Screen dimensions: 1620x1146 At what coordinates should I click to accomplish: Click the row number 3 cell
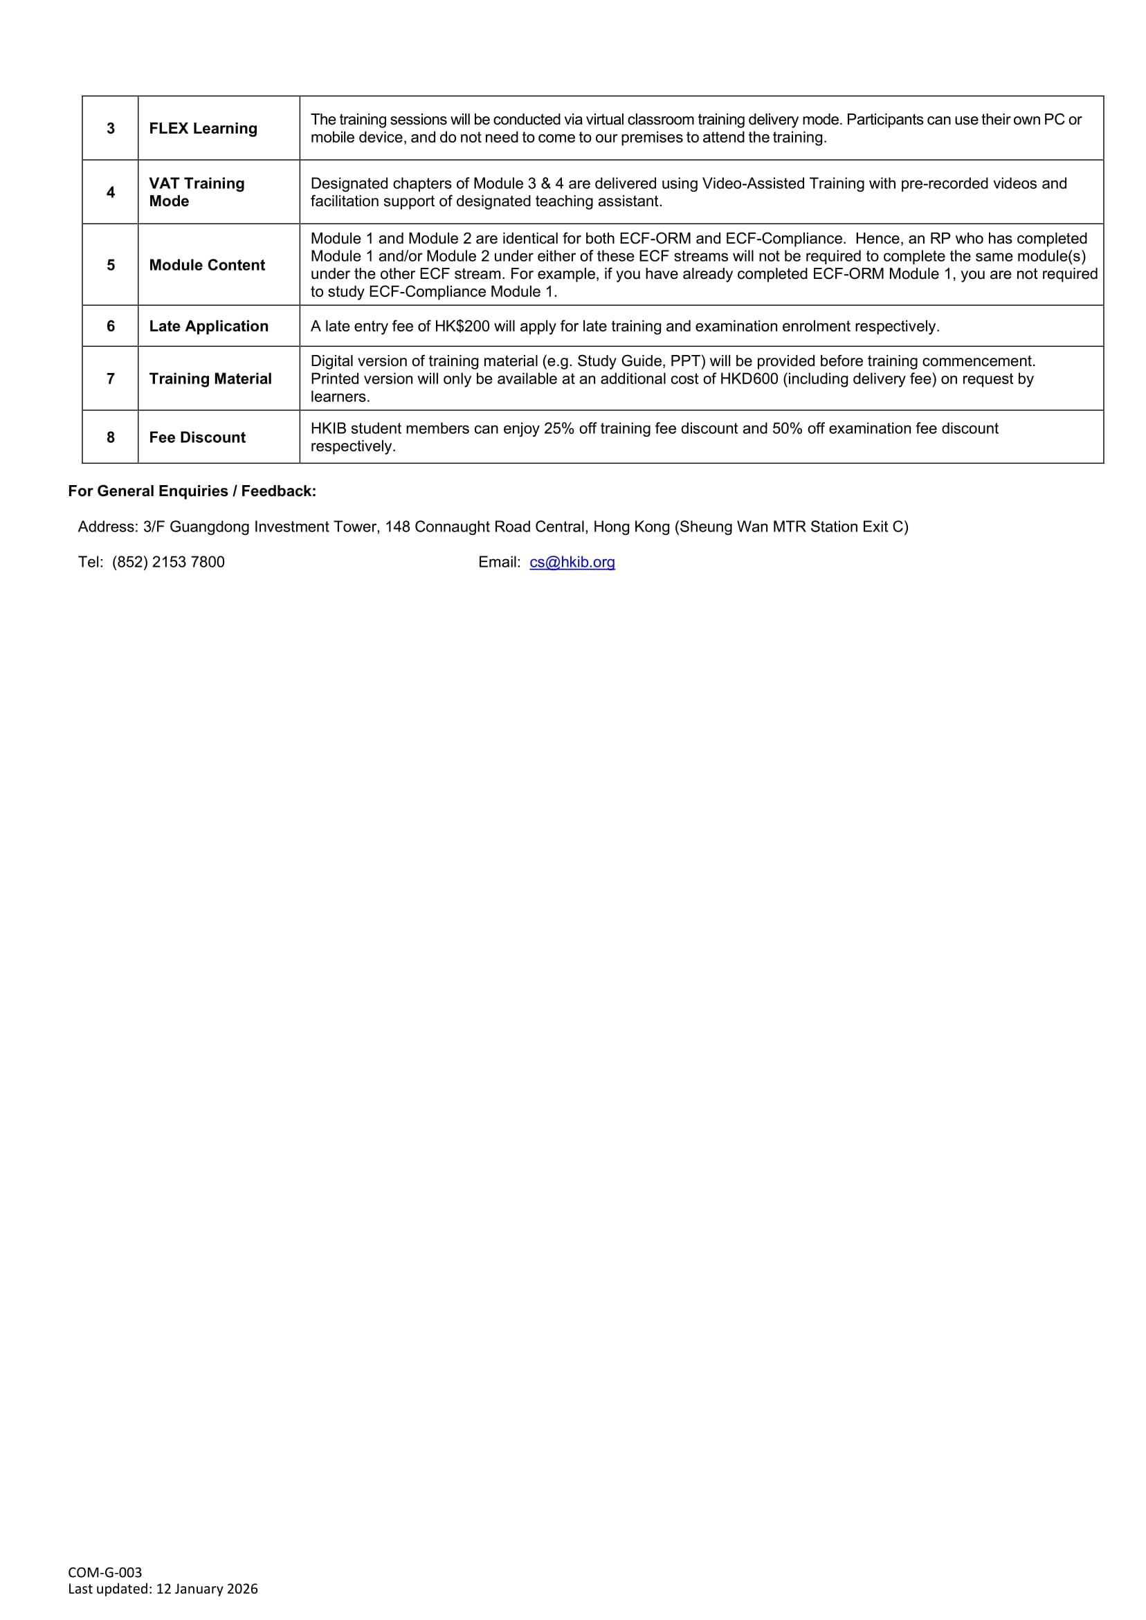tap(111, 129)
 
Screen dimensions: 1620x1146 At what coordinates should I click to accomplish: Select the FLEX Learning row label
tap(203, 129)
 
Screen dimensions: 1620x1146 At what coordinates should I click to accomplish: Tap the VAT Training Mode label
tap(197, 192)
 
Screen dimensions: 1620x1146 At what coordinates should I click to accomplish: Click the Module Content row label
tap(207, 265)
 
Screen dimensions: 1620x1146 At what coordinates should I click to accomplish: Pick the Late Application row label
tap(209, 326)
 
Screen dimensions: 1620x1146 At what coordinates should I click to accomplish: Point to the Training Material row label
tap(210, 379)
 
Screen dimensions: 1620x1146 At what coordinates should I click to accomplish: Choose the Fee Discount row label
tap(198, 437)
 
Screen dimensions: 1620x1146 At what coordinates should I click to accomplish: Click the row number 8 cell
tap(111, 437)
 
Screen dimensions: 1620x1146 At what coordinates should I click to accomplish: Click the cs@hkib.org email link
tap(572, 563)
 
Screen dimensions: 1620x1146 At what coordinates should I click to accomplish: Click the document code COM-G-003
tap(105, 1572)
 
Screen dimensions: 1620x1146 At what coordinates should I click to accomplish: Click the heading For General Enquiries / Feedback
tap(192, 491)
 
